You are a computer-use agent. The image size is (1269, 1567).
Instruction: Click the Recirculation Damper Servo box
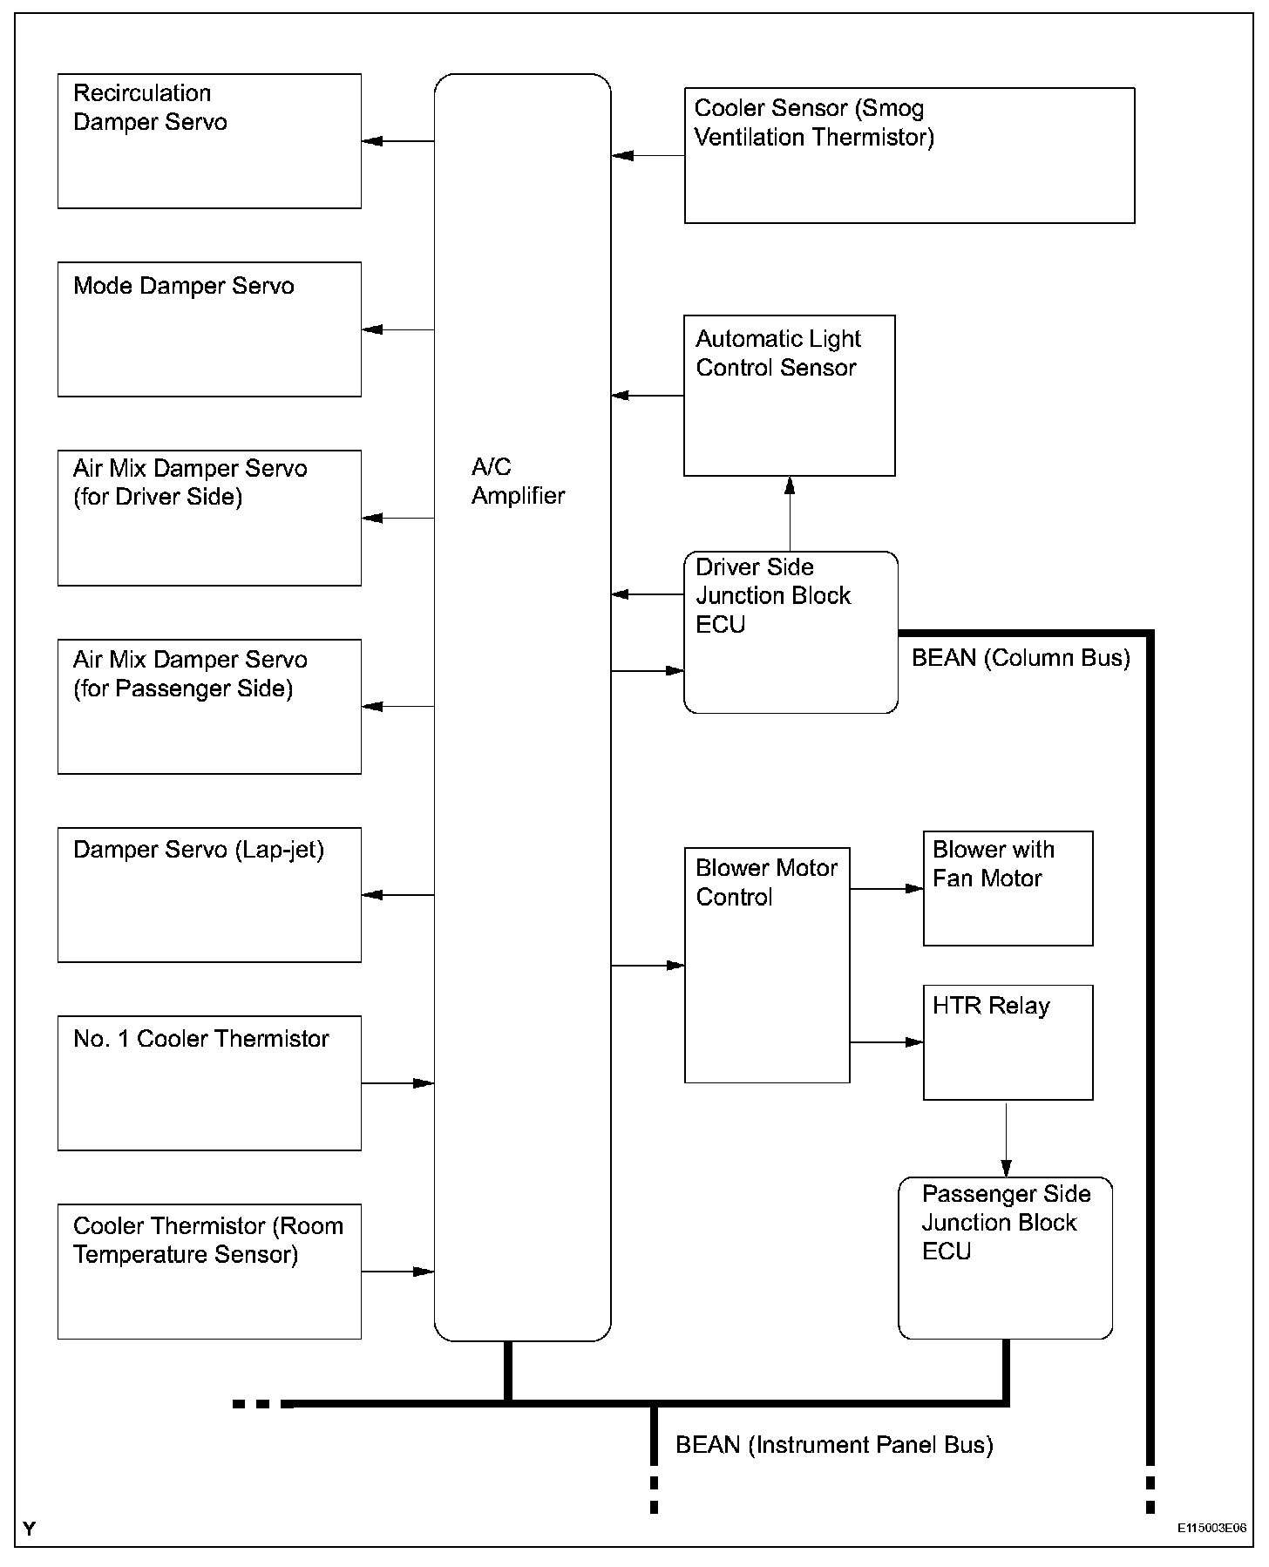tap(209, 141)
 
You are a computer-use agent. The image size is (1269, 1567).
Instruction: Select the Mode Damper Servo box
tap(209, 329)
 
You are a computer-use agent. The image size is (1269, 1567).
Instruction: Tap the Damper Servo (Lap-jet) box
tap(209, 895)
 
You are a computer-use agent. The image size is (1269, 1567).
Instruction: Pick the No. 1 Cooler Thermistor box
tap(209, 1083)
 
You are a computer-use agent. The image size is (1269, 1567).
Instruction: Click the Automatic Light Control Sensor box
tap(789, 396)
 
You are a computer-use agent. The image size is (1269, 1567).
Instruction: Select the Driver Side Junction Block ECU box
tap(791, 632)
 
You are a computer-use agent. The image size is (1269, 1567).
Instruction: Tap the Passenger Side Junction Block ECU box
tap(1005, 1258)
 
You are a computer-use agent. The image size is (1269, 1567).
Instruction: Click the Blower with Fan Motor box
tap(1008, 888)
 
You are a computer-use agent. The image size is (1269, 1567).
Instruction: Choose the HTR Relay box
tap(1008, 1042)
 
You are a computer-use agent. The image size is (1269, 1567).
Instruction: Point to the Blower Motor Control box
tap(767, 965)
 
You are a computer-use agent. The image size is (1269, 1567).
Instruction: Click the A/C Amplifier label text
tap(518, 481)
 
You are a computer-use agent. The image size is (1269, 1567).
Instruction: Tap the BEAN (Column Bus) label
tap(1021, 658)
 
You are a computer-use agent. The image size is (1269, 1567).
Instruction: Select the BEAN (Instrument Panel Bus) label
tap(834, 1445)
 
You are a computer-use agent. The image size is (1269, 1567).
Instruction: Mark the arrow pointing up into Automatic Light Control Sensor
tap(790, 513)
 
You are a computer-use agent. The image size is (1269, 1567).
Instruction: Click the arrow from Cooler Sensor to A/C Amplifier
tap(648, 156)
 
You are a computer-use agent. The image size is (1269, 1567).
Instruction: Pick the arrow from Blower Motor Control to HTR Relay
tap(886, 1042)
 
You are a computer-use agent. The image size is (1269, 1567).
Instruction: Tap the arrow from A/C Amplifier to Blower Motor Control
tap(648, 966)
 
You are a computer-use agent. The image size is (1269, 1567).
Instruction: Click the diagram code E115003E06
tap(1211, 1528)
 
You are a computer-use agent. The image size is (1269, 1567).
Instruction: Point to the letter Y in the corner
tap(30, 1529)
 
